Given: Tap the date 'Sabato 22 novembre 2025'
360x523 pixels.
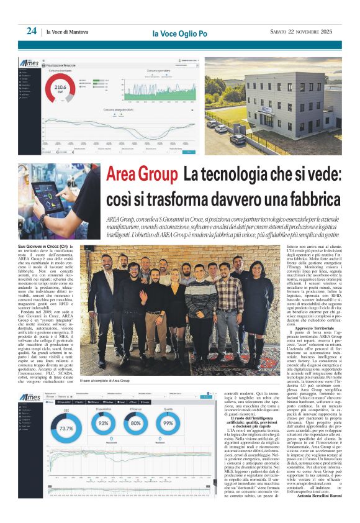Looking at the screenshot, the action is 297,32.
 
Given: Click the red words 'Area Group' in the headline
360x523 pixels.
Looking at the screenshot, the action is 140,175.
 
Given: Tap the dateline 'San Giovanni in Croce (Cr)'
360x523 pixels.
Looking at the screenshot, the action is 43,247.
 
